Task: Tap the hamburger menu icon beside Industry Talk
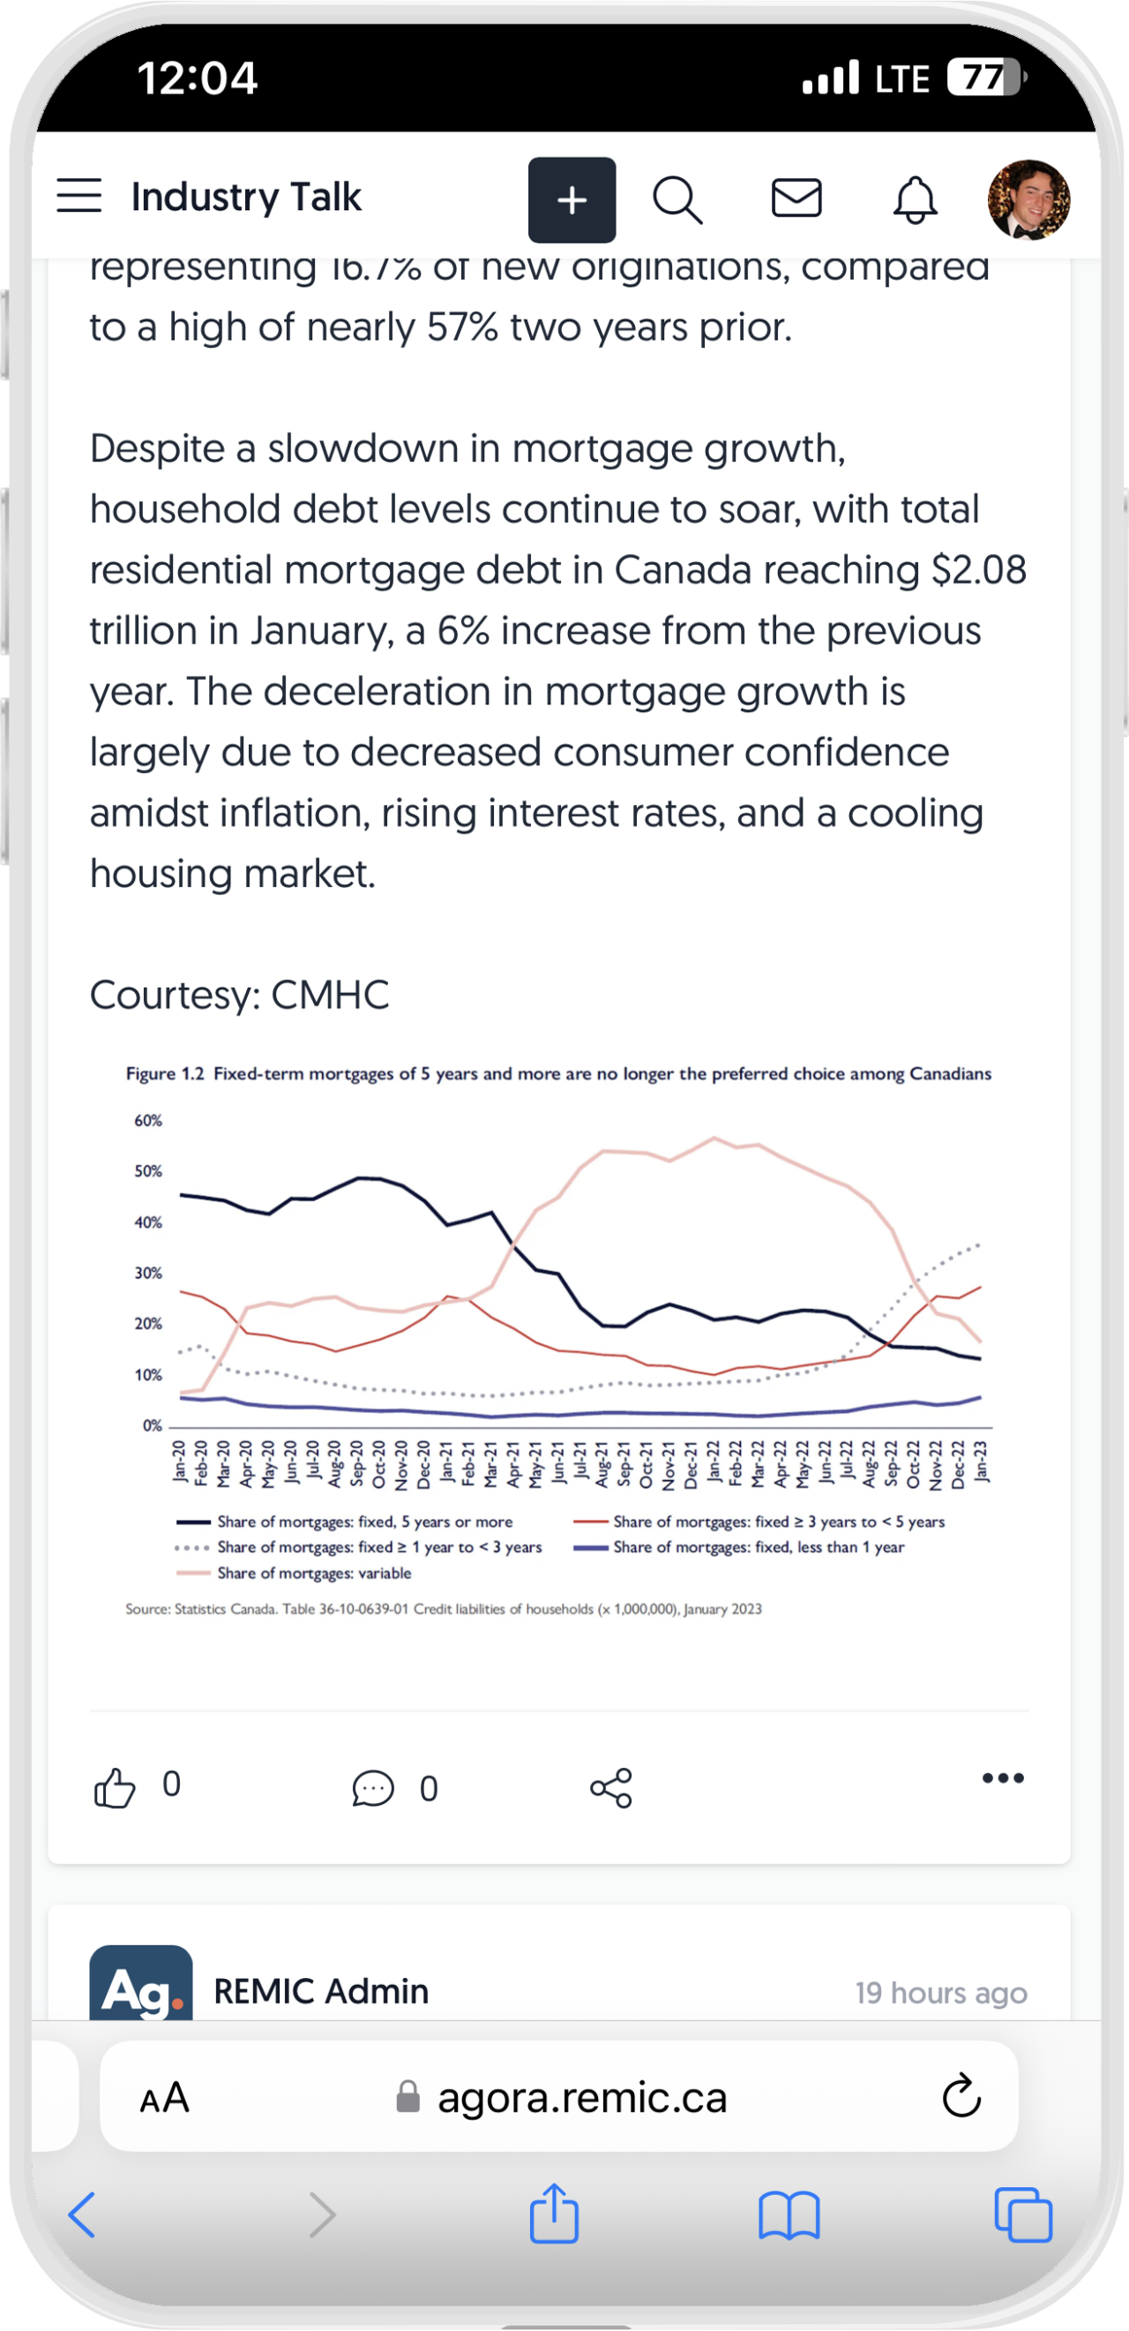coord(79,195)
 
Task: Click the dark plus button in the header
coord(572,200)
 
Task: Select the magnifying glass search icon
coord(677,199)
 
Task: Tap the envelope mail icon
coord(796,199)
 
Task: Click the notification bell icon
coord(915,199)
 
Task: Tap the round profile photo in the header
coord(1028,199)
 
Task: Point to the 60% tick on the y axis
coord(148,1120)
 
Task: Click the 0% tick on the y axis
coord(152,1425)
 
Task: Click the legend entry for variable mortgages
coord(314,1573)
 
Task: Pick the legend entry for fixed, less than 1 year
coord(758,1546)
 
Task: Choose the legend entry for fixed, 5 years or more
coord(364,1521)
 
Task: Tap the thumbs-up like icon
coord(115,1788)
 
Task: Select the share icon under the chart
coord(611,1788)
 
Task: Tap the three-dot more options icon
coord(1002,1778)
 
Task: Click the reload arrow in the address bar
coord(961,2095)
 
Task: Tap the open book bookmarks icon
coord(789,2214)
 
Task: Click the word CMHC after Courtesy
coord(330,995)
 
